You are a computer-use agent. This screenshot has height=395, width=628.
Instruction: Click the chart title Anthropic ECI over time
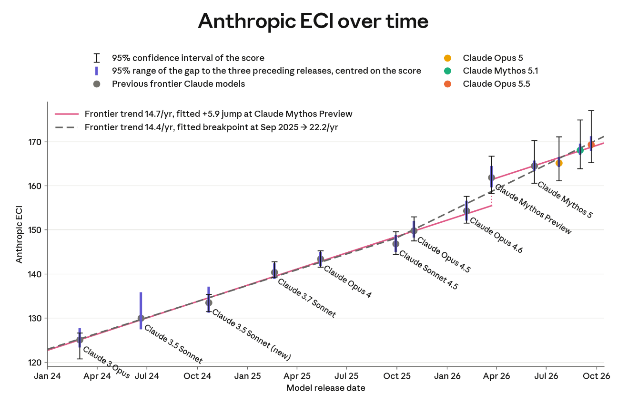coord(313,21)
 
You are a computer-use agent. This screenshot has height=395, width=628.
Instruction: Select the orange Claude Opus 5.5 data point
coord(591,145)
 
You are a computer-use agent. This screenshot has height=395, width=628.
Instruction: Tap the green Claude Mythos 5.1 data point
coord(580,150)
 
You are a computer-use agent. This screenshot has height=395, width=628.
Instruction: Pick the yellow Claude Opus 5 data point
coord(559,163)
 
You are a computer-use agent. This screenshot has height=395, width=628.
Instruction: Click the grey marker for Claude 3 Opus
coord(80,340)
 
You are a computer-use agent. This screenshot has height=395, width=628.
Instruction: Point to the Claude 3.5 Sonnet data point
coord(141,318)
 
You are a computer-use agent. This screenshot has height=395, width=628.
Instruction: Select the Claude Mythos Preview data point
coord(491,177)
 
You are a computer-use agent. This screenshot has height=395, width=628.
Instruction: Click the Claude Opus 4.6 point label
coord(496,235)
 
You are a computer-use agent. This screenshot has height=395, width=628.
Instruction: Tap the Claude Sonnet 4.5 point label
coord(428,270)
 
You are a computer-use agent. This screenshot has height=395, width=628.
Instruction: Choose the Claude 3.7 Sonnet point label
coord(307,298)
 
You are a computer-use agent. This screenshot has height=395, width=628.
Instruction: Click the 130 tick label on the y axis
coord(35,318)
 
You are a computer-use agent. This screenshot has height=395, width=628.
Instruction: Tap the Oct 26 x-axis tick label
coord(597,376)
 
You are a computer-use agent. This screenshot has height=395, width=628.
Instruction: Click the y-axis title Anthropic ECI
coord(19,235)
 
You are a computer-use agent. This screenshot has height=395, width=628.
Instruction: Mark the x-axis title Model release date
coord(326,388)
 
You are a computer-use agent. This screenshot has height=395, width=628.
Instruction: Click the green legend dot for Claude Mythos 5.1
coord(447,71)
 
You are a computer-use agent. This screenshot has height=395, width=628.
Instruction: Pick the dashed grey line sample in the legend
coord(67,127)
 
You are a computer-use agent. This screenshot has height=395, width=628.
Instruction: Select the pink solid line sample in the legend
coord(67,114)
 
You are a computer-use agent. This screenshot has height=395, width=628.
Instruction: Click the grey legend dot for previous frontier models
coord(97,84)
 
